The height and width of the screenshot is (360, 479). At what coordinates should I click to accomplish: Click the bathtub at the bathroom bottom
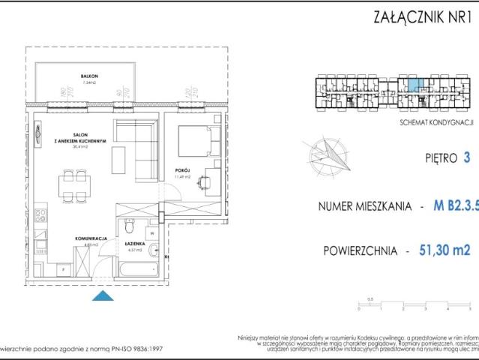(137, 263)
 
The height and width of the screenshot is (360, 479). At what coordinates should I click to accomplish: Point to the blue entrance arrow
(100, 297)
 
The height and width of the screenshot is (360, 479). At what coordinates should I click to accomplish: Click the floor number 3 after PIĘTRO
(467, 158)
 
